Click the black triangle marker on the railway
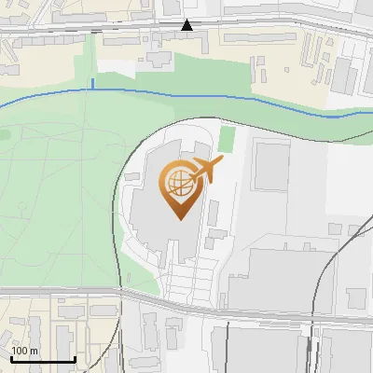click(187, 25)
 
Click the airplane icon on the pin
click(206, 169)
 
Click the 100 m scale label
click(24, 351)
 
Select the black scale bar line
click(43, 359)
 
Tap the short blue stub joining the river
click(92, 85)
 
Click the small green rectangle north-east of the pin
click(226, 140)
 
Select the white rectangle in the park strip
click(117, 68)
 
